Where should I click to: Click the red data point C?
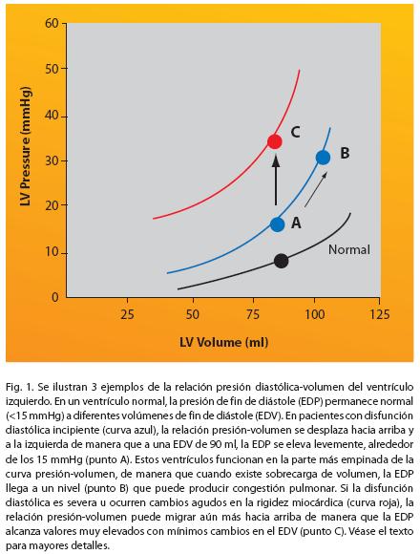coord(274,141)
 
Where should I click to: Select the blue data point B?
coord(323,158)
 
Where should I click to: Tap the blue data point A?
coord(277,224)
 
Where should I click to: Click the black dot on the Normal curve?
coord(281,261)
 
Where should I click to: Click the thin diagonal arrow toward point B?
coord(316,189)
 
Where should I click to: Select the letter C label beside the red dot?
coord(295,132)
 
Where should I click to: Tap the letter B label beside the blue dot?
coord(345,154)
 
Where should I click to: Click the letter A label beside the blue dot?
coord(296,223)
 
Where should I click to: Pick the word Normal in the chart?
coord(349,250)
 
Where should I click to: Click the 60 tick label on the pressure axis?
coord(52,23)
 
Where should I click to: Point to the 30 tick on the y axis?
coord(52,160)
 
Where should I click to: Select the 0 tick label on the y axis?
coord(55,297)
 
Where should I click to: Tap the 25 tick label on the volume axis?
coord(127,314)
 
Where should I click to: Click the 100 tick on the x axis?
coord(314,314)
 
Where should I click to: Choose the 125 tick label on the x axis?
coord(379,314)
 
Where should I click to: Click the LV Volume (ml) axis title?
coord(223,342)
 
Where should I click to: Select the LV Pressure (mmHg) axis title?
coord(26,146)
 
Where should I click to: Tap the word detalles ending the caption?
coord(92,545)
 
